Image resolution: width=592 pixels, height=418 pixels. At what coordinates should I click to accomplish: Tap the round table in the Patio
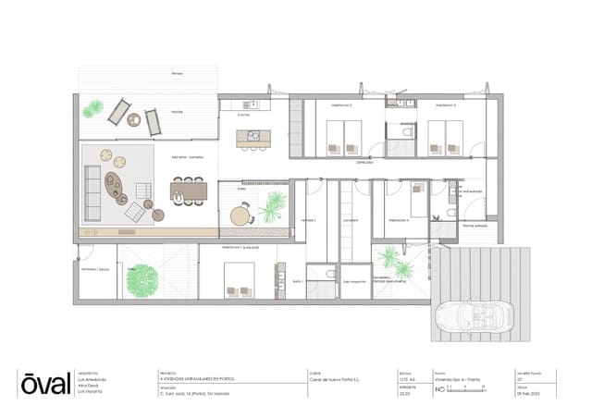click(241, 216)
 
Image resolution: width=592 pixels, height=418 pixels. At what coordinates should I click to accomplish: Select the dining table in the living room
click(190, 191)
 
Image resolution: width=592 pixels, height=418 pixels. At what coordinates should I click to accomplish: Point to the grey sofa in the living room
click(93, 185)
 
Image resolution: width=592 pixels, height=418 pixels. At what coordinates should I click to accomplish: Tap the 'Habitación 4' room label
click(400, 221)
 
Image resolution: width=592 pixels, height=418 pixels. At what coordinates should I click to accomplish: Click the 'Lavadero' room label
click(350, 221)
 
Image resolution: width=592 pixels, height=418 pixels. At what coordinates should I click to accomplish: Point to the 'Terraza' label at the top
click(177, 72)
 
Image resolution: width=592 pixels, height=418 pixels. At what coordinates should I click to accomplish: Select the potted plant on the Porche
click(92, 112)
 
